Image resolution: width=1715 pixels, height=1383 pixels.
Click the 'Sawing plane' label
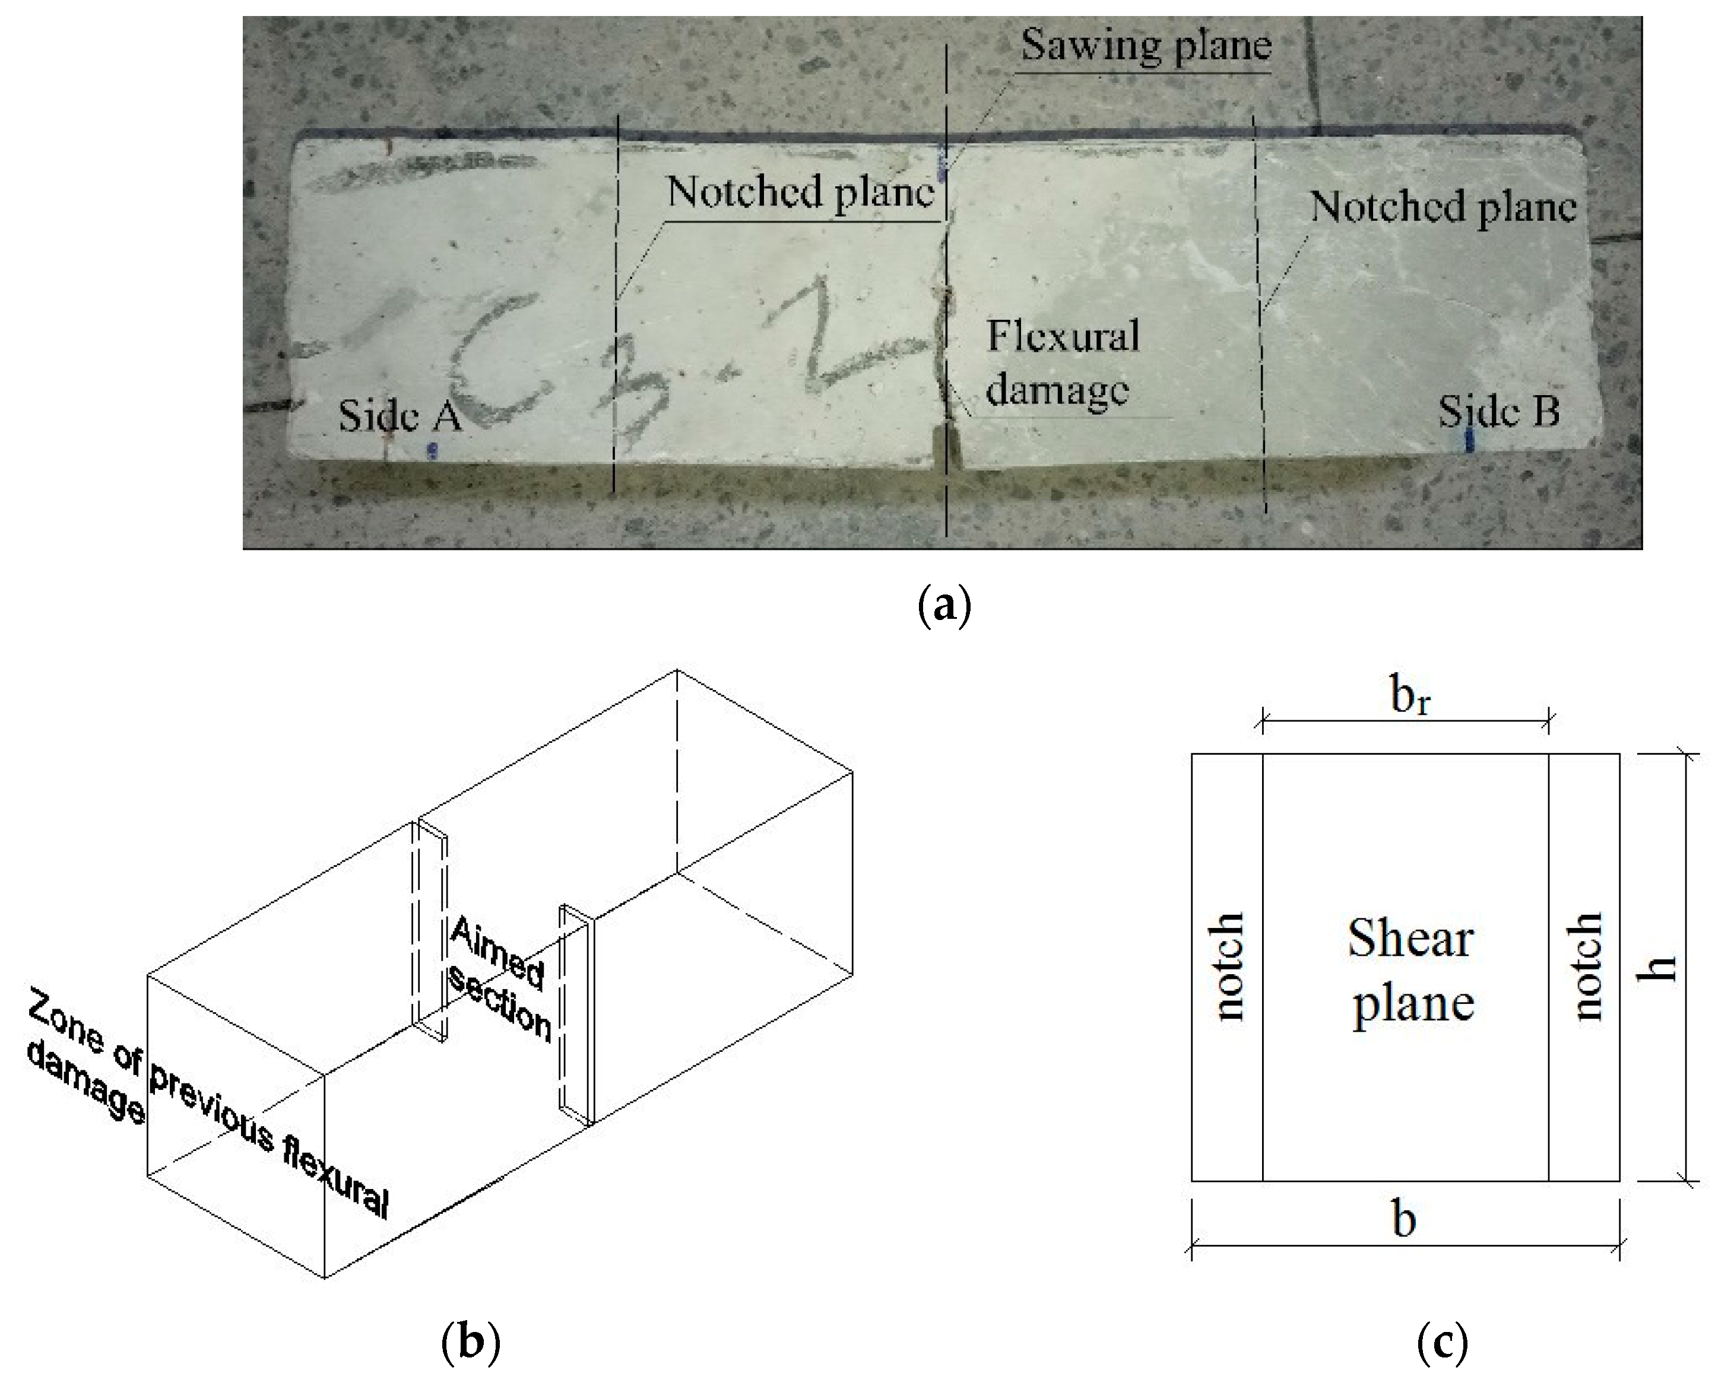pyautogui.click(x=1145, y=46)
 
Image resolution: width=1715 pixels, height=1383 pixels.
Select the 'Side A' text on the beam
pyautogui.click(x=400, y=415)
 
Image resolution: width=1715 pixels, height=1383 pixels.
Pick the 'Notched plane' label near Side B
pyautogui.click(x=1443, y=207)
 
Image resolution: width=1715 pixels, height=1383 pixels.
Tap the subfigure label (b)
pyautogui.click(x=470, y=1341)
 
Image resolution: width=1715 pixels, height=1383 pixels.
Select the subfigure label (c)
pyautogui.click(x=1443, y=1341)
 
